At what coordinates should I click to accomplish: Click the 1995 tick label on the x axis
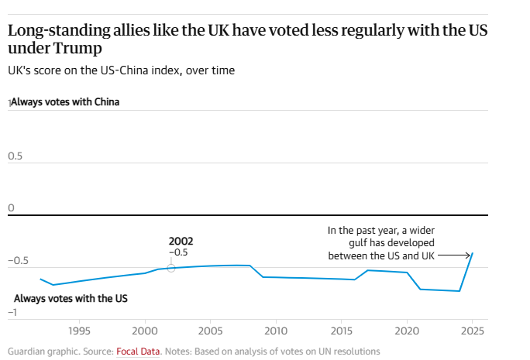pos(79,331)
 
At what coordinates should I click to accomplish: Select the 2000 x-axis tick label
pos(145,331)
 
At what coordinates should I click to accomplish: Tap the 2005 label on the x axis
pos(210,331)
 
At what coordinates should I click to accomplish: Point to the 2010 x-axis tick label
pos(276,331)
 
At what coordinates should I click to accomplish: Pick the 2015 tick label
pos(342,331)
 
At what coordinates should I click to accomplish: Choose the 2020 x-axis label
pos(407,331)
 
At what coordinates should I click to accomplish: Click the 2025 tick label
pos(472,331)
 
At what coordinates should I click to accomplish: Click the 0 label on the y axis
pos(11,207)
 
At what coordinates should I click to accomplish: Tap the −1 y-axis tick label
pos(13,312)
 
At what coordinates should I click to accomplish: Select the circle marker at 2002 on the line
pos(171,268)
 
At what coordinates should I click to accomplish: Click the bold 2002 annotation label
pos(181,241)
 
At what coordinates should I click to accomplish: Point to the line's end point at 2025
pos(473,253)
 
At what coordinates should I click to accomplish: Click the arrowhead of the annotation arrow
pos(469,255)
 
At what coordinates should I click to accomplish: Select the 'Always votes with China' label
pos(65,101)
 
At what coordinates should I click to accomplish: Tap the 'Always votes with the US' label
pos(71,298)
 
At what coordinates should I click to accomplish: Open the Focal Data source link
pos(138,351)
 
